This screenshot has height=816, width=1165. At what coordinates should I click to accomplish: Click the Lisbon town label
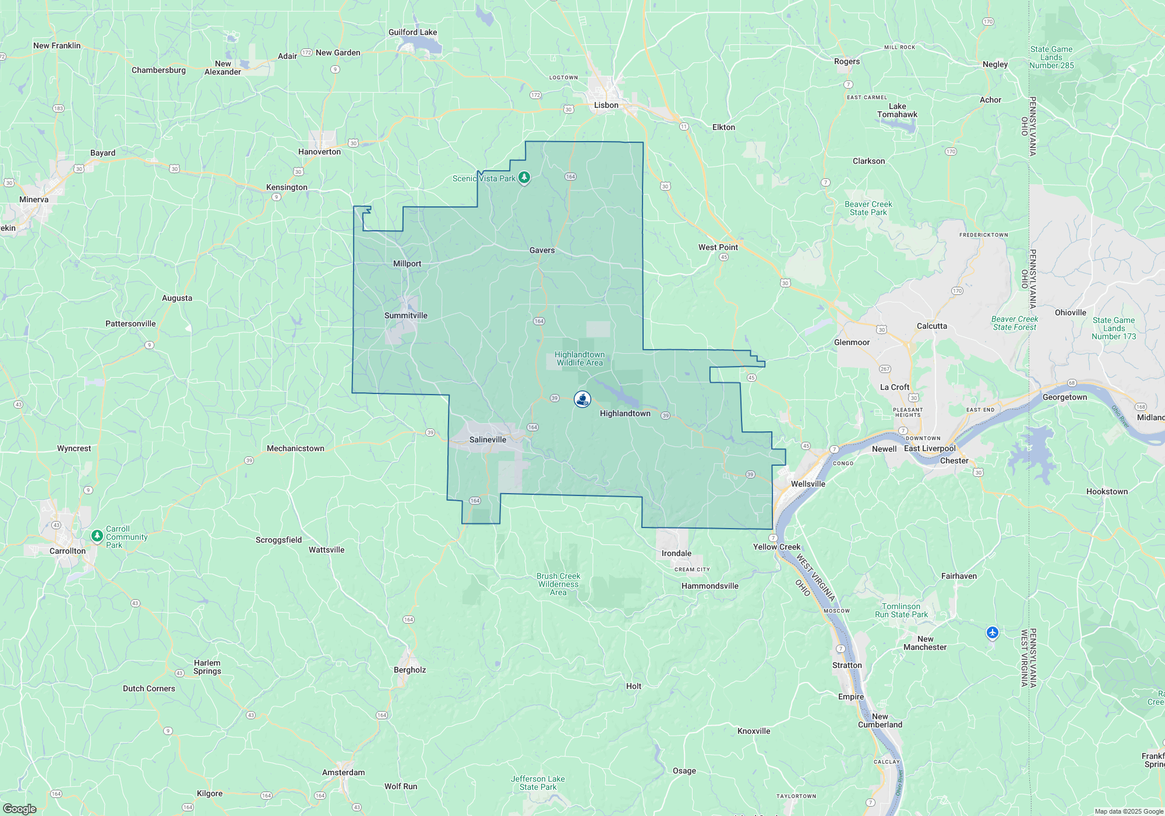click(606, 105)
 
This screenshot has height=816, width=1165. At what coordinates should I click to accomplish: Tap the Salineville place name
click(488, 439)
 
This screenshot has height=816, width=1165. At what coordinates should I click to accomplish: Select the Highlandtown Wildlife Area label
click(579, 358)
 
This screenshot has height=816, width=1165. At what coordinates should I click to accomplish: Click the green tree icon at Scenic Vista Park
click(524, 177)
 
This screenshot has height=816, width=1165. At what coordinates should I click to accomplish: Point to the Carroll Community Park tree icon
click(97, 535)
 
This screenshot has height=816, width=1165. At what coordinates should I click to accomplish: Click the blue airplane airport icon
click(993, 632)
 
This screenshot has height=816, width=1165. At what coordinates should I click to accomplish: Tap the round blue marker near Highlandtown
click(582, 399)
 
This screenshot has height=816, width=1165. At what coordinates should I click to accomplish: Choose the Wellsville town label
click(808, 484)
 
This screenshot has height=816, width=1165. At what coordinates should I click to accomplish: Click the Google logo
click(20, 808)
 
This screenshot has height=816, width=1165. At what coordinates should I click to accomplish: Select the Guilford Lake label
click(412, 33)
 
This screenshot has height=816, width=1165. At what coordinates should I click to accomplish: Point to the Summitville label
click(406, 315)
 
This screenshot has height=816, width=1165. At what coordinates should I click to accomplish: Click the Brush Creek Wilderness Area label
click(558, 584)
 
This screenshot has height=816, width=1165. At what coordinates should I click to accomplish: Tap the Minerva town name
click(34, 199)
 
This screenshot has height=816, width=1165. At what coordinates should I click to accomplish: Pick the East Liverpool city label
click(930, 448)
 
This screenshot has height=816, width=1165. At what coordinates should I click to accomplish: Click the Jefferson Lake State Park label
click(538, 783)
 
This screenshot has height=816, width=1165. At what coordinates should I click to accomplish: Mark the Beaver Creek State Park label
click(868, 208)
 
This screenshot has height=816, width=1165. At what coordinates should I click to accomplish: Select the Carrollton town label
click(68, 551)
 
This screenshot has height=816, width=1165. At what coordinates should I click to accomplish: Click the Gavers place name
click(542, 250)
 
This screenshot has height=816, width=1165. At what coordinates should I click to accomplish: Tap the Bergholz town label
click(409, 670)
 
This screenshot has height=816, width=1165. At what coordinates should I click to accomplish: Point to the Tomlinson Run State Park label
click(901, 610)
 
